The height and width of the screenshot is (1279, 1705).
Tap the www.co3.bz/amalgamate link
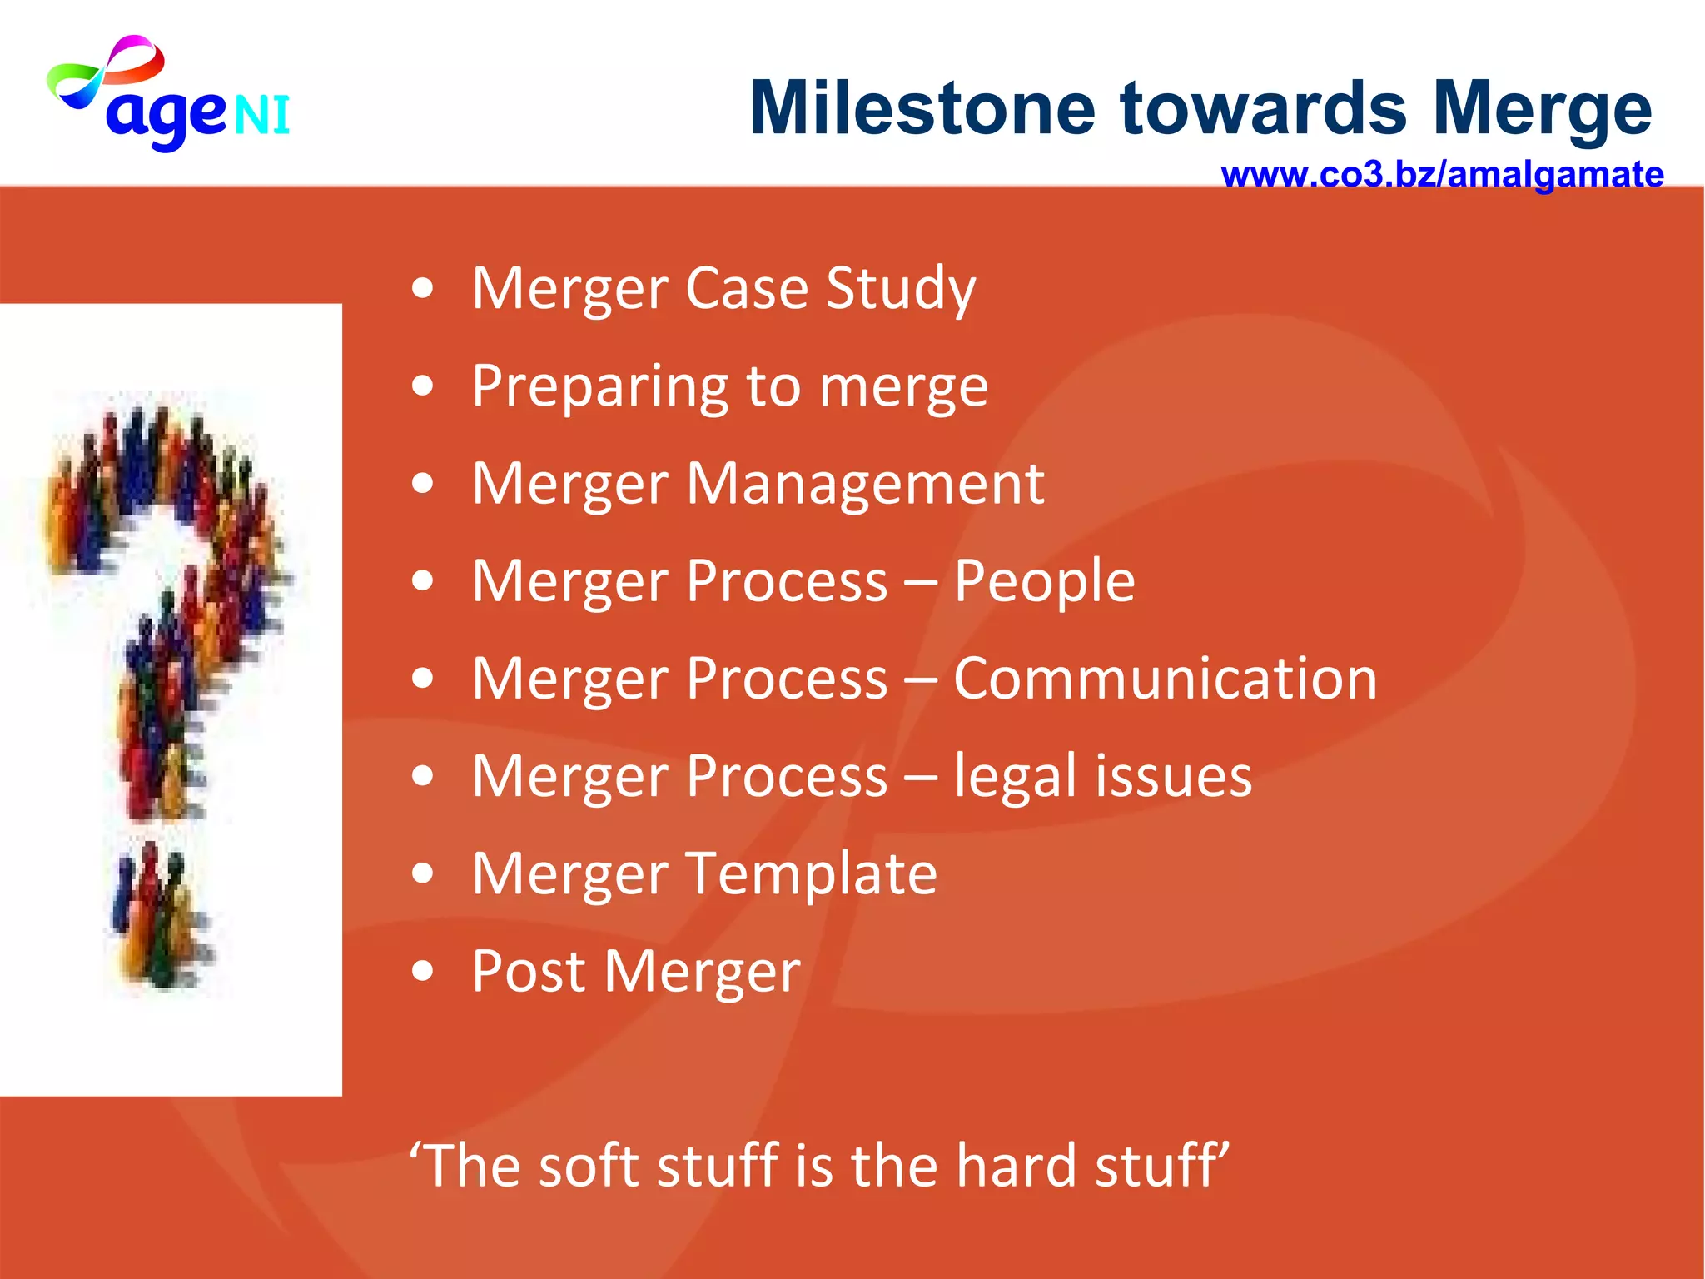click(x=1442, y=175)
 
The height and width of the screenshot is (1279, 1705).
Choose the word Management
click(x=865, y=483)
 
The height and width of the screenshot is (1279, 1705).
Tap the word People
click(x=1044, y=580)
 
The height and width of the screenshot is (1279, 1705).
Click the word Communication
click(x=1165, y=679)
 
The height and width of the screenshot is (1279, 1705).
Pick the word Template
click(x=812, y=874)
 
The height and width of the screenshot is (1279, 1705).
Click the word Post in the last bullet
click(x=529, y=971)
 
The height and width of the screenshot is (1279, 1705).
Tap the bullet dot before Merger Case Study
click(x=423, y=289)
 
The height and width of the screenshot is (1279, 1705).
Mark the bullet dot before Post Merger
click(x=423, y=971)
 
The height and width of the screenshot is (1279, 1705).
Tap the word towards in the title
click(x=1264, y=108)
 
